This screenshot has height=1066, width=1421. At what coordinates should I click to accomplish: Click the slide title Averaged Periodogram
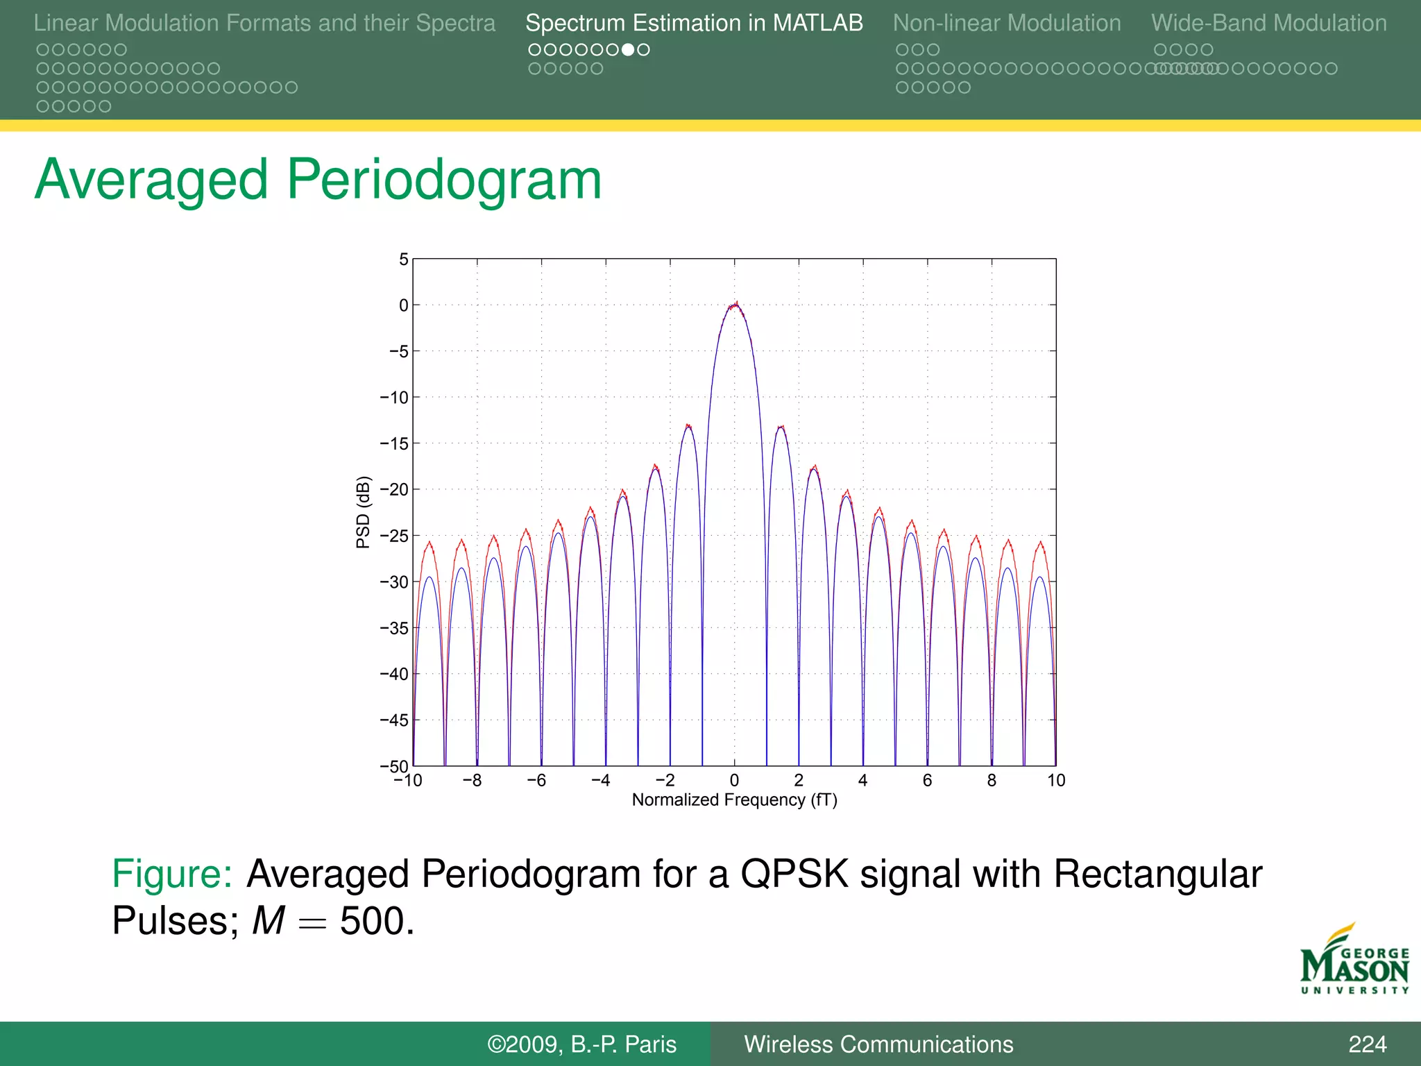coord(318,180)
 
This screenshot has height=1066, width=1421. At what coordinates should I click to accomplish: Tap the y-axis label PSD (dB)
coord(362,511)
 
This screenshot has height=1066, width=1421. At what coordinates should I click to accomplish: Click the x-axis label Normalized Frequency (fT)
coord(734,800)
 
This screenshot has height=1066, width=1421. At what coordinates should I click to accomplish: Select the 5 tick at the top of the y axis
coord(403,260)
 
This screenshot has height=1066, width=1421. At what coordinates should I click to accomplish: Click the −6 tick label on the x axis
coord(536,781)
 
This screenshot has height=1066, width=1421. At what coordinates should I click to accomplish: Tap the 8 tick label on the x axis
coord(992,781)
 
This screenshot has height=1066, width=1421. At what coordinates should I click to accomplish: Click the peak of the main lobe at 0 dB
coord(735,305)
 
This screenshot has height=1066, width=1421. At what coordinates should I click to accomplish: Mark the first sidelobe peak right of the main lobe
coord(781,428)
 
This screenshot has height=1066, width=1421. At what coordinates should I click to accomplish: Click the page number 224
coord(1367,1044)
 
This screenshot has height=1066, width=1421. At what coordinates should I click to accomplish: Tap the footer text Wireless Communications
coord(878,1044)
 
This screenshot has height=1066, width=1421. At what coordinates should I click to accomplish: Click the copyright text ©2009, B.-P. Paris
coord(581,1044)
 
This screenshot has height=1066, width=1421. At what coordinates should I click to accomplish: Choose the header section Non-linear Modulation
coord(1006,24)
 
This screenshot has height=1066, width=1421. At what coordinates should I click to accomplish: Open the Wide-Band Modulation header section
coord(1268,24)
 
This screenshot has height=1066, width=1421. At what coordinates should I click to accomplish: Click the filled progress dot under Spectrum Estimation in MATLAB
coord(627,50)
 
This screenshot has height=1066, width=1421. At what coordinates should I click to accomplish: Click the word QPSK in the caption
coord(794,874)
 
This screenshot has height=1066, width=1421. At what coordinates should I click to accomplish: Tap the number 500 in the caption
coord(376,922)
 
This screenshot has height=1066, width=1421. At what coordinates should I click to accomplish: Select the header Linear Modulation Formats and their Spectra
coord(264,24)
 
